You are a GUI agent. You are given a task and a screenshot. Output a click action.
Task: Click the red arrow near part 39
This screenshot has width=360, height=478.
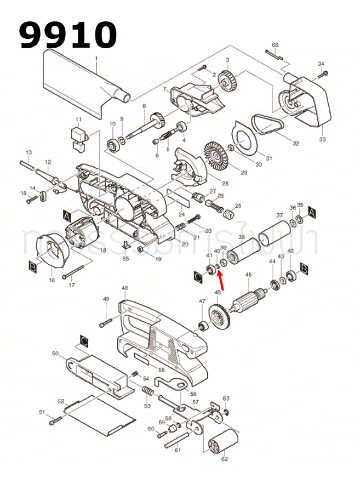tap(222, 280)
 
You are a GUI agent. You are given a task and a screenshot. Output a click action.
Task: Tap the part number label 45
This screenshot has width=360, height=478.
tap(248, 275)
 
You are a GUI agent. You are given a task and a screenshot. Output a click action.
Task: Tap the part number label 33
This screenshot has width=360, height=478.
tap(322, 139)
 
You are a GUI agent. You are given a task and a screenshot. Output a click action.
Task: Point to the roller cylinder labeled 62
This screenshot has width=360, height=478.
tap(223, 441)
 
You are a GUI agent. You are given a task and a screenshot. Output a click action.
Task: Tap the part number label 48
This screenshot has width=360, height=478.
tap(124, 288)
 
